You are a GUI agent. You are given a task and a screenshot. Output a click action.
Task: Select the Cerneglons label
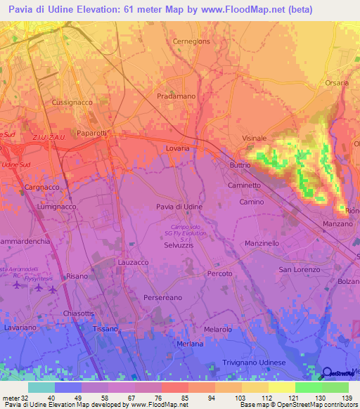pyautogui.click(x=191, y=41)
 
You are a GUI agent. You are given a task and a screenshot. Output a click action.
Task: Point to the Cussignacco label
pyautogui.click(x=73, y=102)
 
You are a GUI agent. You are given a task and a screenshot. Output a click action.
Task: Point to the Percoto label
pyautogui.click(x=219, y=273)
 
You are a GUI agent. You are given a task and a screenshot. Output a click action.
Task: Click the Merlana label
pyautogui.click(x=190, y=344)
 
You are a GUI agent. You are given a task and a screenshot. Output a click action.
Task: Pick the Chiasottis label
pyautogui.click(x=78, y=313)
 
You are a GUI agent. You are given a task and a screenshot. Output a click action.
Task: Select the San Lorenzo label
pyautogui.click(x=300, y=269)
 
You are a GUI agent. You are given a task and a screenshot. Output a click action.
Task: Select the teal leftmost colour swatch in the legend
pyautogui.click(x=41, y=387)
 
